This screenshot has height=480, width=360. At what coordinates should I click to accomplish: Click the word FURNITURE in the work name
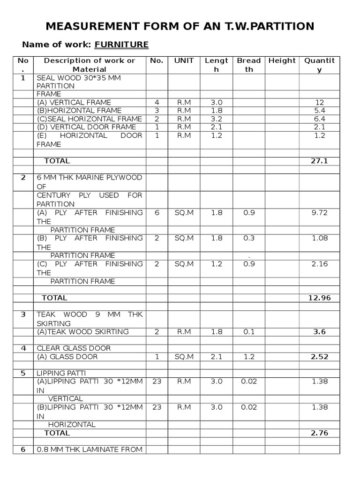[121, 45]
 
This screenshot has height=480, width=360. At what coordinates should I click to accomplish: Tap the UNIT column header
[184, 60]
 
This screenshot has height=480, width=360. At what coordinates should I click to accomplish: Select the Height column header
[282, 60]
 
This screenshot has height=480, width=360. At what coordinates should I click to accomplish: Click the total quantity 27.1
[319, 161]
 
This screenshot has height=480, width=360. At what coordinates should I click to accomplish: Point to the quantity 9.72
[320, 213]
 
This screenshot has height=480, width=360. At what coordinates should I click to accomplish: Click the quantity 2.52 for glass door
[320, 357]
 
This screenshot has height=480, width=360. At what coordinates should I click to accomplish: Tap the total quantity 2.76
[319, 433]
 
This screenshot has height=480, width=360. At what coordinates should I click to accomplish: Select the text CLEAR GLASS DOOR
[74, 348]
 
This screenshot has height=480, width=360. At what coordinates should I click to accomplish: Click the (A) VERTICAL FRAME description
[74, 102]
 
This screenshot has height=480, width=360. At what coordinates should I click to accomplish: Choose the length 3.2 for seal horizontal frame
[216, 119]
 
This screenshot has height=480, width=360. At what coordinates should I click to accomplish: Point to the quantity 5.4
[320, 111]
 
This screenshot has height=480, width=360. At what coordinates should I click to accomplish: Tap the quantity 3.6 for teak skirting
[320, 332]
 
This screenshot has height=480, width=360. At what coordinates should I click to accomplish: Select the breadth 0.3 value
[249, 238]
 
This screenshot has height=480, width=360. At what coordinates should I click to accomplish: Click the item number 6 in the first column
[23, 450]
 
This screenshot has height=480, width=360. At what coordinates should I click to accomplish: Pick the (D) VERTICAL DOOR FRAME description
[86, 127]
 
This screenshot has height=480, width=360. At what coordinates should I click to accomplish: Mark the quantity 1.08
[320, 238]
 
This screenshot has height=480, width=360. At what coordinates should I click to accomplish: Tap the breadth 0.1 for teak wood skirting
[249, 332]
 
